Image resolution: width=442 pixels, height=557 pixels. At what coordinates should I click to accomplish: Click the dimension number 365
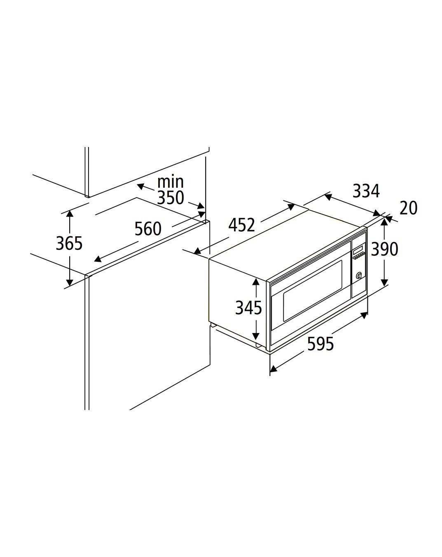pyautogui.click(x=69, y=243)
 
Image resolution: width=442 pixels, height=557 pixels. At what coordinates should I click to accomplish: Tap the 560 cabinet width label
pyautogui.click(x=148, y=229)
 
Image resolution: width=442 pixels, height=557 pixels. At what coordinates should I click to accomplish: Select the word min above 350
pyautogui.click(x=171, y=182)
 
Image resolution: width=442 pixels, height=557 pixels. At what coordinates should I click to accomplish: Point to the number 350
pyautogui.click(x=171, y=198)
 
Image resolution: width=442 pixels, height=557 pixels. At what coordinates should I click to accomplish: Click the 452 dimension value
pyautogui.click(x=242, y=225)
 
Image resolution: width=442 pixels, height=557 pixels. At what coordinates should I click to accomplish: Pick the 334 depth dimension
pyautogui.click(x=366, y=191)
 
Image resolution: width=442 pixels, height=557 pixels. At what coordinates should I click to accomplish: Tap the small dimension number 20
pyautogui.click(x=409, y=208)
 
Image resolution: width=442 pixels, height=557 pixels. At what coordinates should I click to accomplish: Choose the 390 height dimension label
pyautogui.click(x=384, y=249)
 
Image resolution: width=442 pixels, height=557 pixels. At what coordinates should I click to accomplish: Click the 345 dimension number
pyautogui.click(x=248, y=308)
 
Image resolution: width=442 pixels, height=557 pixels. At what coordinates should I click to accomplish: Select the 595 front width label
pyautogui.click(x=320, y=344)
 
